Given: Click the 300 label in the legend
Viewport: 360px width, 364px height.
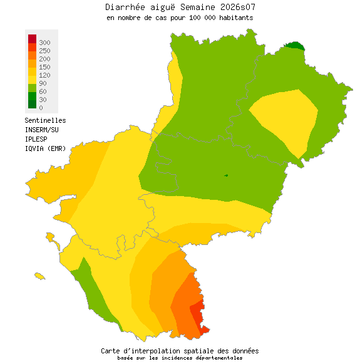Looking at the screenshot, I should coord(44,42).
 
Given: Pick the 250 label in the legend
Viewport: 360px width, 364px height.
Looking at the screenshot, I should coord(44,50).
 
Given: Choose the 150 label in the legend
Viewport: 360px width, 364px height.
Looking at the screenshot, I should coord(44,66).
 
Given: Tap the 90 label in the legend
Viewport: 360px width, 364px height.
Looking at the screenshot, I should coord(43,83).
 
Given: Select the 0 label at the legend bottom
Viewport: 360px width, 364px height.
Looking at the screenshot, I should coord(41,108).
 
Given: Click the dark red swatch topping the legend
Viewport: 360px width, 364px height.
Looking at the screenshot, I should coord(32,39).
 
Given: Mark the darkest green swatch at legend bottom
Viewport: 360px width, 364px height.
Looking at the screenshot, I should coord(32,104).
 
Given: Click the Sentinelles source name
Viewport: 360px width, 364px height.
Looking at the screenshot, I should coord(45,120).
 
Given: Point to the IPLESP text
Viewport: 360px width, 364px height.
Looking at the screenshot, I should coord(36,138).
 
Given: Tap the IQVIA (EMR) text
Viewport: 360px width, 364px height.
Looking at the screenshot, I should coord(45,148).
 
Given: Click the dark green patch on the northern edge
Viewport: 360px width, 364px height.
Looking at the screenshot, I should coord(294,45).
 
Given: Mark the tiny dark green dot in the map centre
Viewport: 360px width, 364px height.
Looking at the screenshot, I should coord(226,175).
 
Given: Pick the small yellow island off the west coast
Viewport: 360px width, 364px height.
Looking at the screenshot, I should coord(40,276).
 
